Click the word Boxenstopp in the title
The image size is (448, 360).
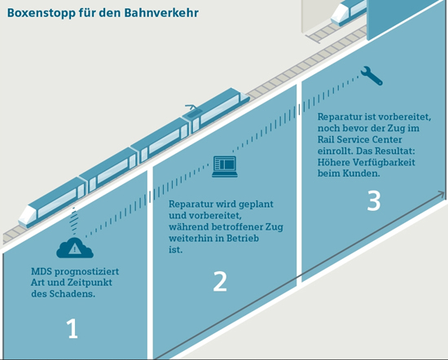tap(41, 13)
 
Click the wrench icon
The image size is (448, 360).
tap(371, 76)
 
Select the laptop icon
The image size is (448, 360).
tap(225, 167)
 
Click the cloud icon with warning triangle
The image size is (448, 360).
tap(75, 248)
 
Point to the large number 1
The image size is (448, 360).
tap(72, 328)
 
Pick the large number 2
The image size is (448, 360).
tap(220, 282)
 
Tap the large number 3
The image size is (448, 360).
tap(374, 201)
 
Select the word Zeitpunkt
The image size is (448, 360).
tap(90, 283)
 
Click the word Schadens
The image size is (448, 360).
tap(72, 294)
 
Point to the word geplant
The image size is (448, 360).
tap(256, 204)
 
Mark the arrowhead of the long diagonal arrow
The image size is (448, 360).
tap(441, 195)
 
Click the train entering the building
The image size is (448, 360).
tap(349, 13)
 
